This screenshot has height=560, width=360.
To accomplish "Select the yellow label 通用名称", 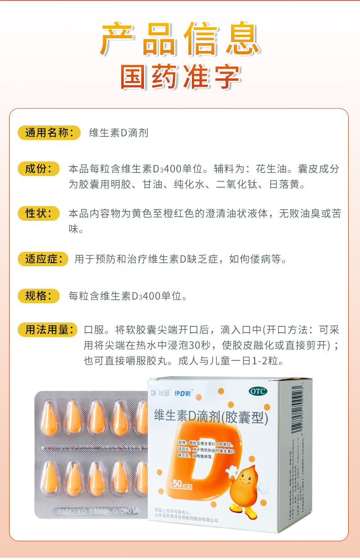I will pos(49,133).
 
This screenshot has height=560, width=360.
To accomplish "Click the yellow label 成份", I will pos(38,169).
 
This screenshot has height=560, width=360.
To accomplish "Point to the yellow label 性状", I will pos(38,213).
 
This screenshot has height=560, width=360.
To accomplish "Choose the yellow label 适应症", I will pos(43,259).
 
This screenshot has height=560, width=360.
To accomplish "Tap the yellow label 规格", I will pos(38,296).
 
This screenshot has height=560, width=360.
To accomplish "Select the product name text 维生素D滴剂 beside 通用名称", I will pos(118,133).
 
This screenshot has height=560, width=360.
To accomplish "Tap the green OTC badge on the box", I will pos(258,391).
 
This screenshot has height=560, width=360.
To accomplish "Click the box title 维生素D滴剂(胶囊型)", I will pos(211,415).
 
